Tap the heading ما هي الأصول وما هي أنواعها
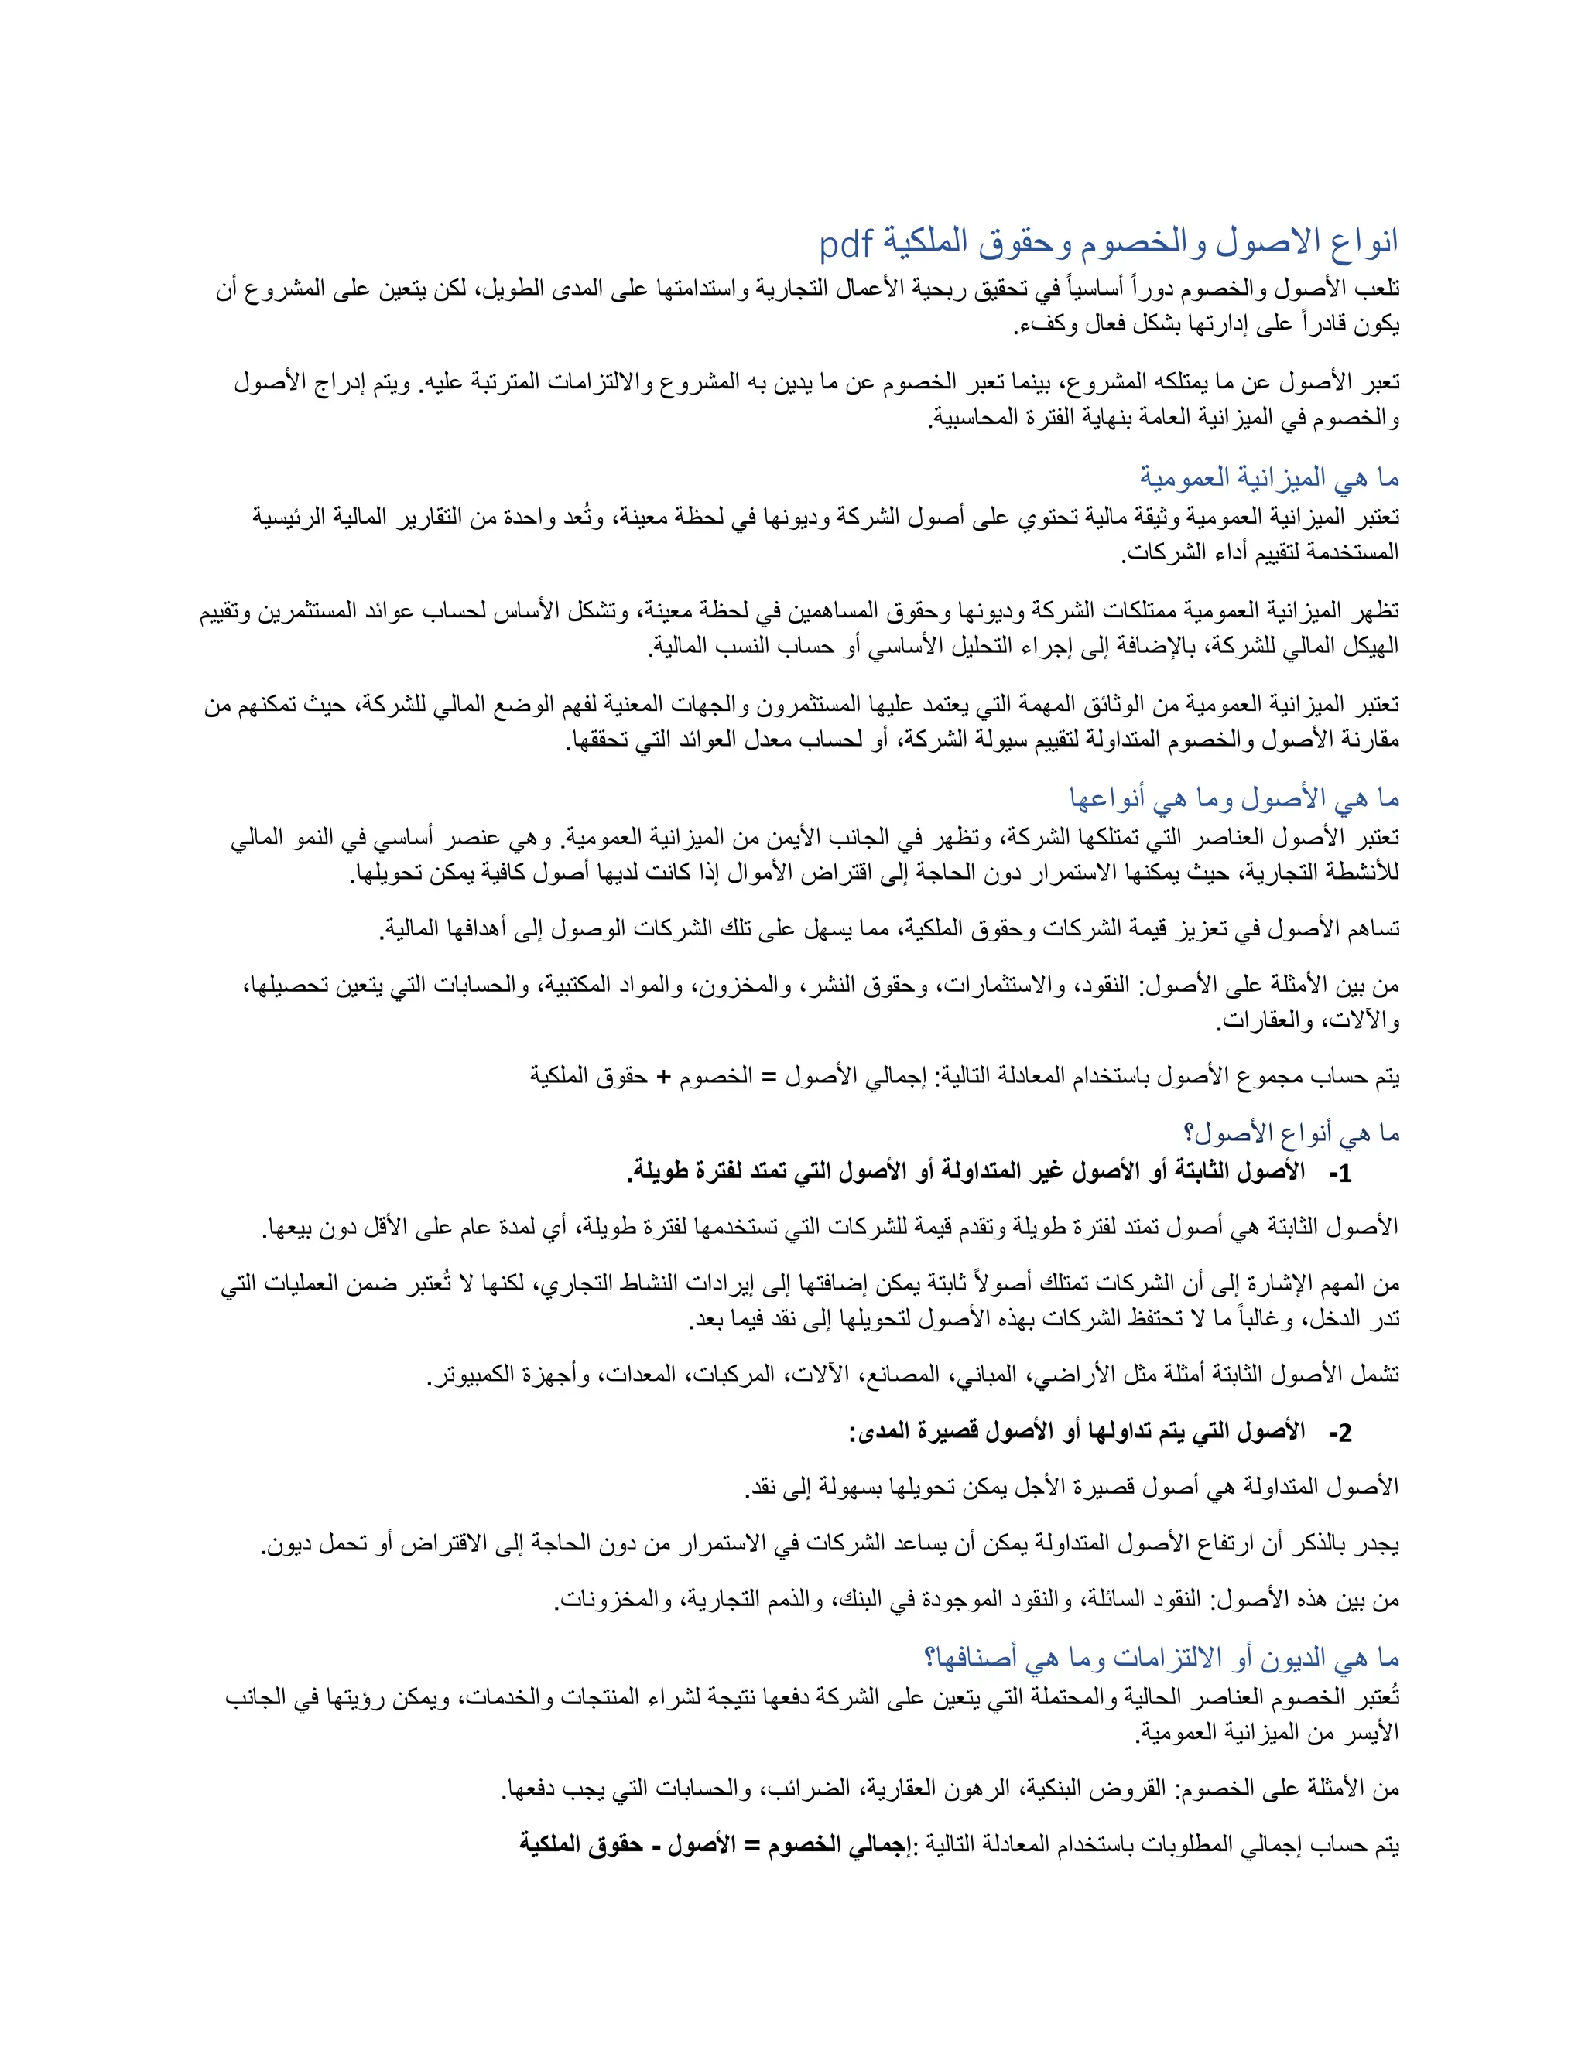coord(1234,799)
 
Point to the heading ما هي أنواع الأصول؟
coord(1291,1134)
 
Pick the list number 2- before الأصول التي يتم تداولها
coord(1339,1433)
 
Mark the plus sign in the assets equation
coord(663,1077)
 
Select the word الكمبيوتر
coord(475,1375)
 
